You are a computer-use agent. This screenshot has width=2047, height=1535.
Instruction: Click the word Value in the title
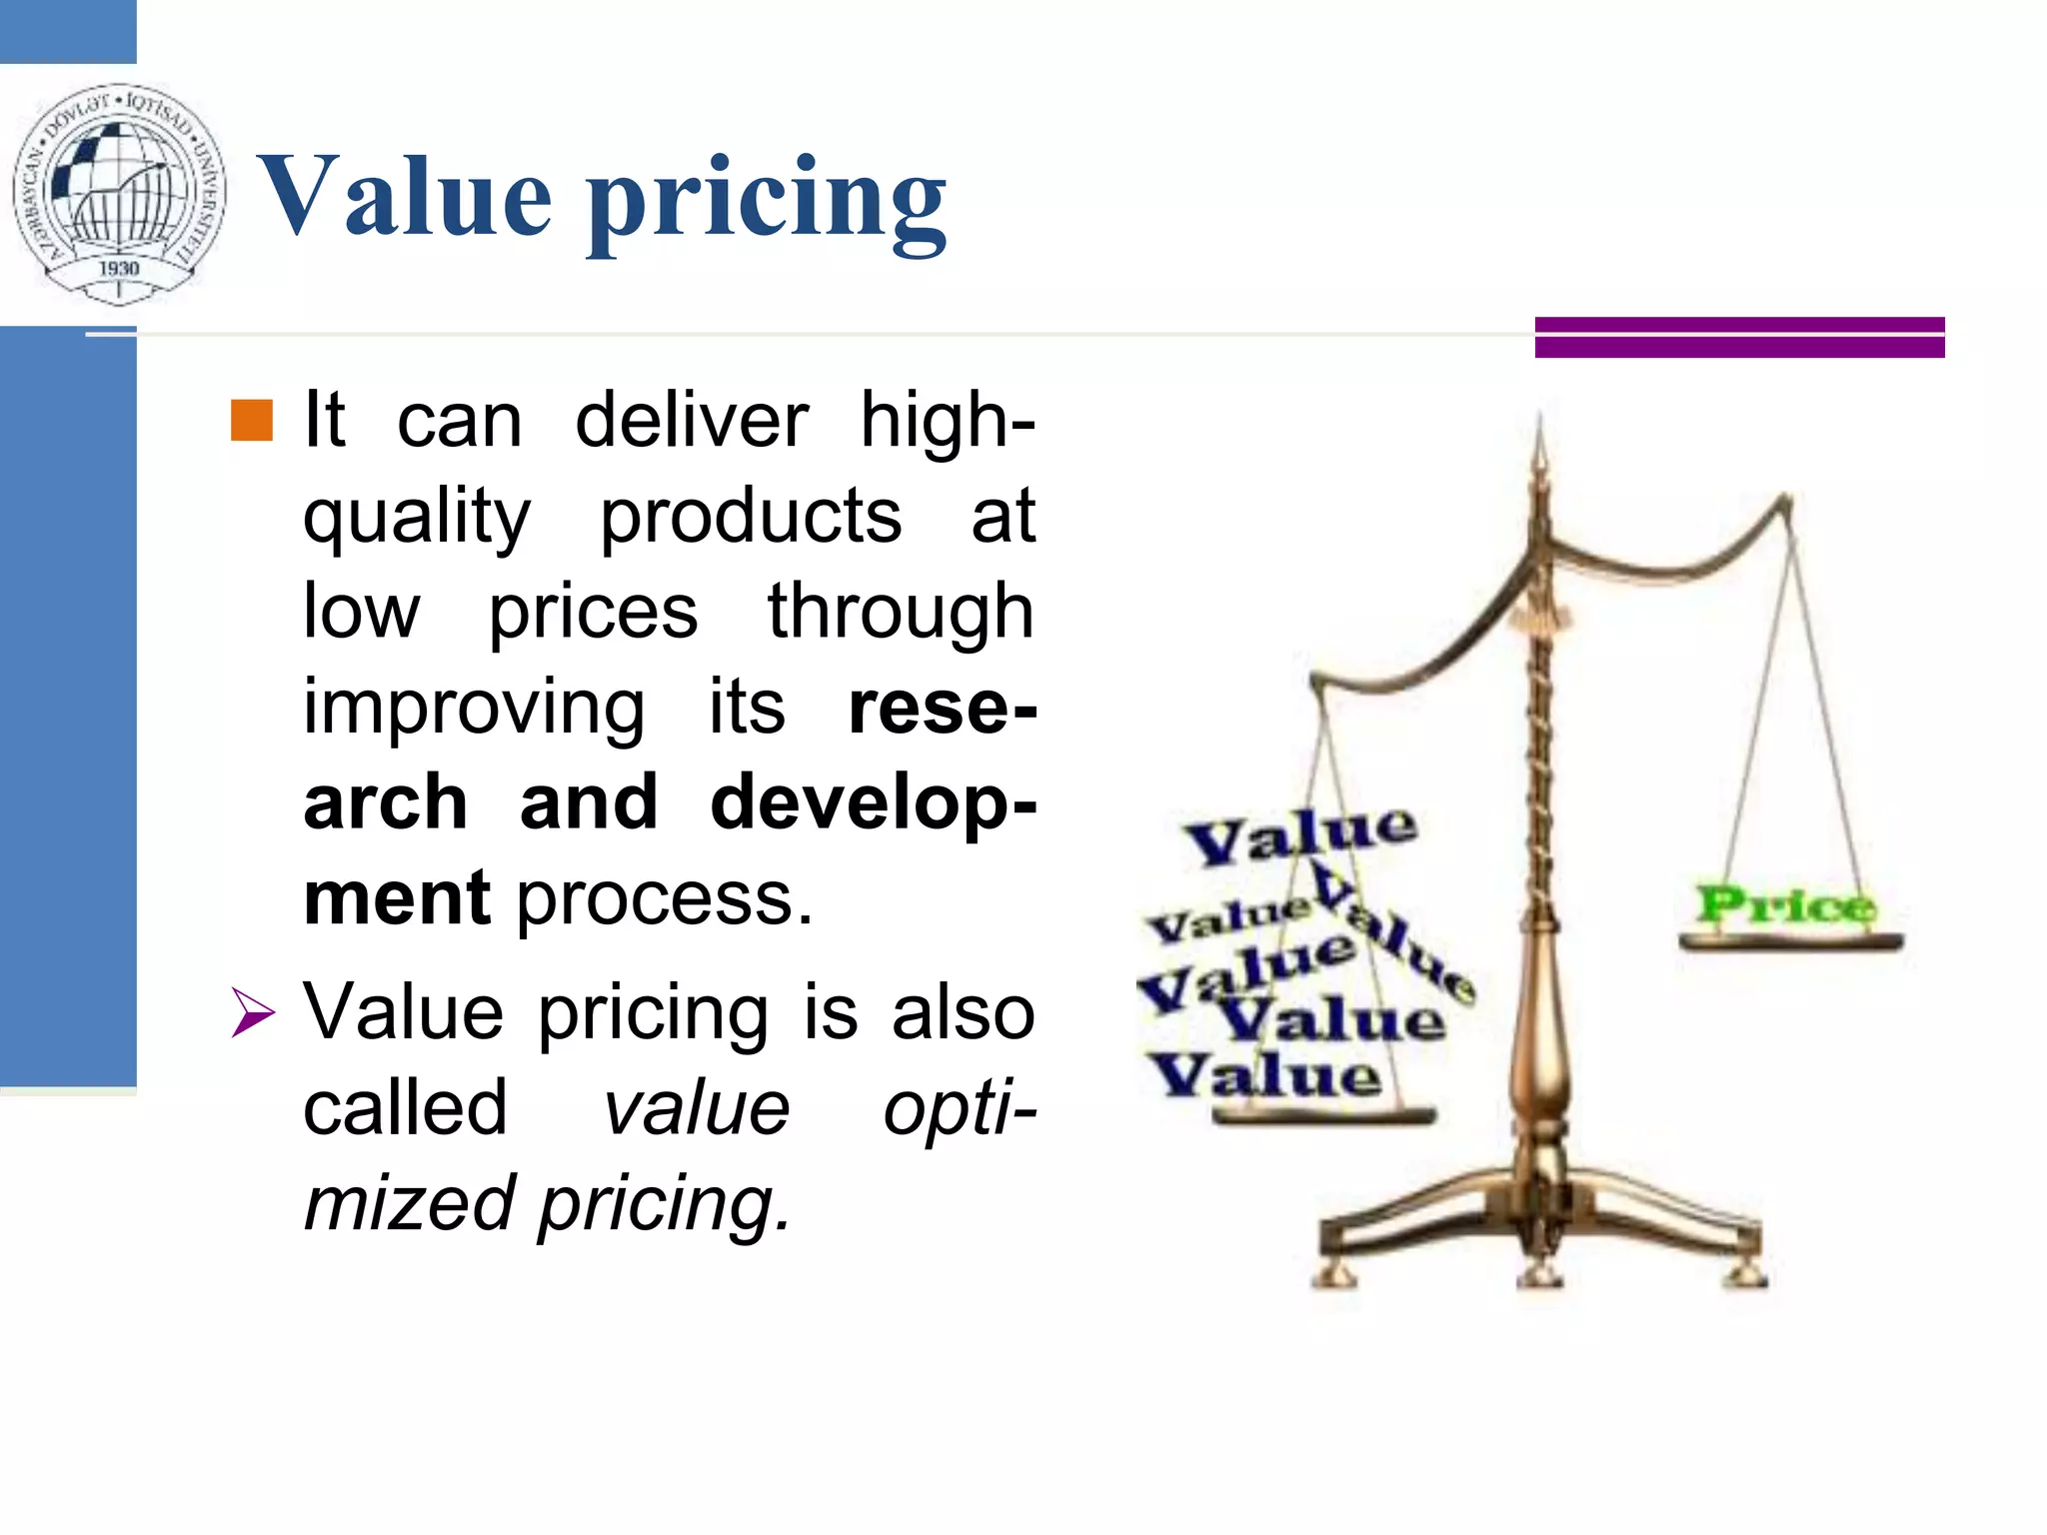click(x=404, y=197)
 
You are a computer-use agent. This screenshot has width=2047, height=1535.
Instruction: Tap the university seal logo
click(x=119, y=193)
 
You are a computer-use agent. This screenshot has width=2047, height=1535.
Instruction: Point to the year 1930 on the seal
click(x=119, y=268)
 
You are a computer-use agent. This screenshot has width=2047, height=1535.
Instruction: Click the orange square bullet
click(x=252, y=421)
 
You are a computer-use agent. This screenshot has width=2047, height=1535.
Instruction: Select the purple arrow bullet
click(x=252, y=1012)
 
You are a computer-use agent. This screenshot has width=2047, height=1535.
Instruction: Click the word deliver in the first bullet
click(x=691, y=421)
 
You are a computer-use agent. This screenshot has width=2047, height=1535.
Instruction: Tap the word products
click(x=750, y=517)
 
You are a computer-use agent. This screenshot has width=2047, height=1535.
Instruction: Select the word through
click(x=900, y=613)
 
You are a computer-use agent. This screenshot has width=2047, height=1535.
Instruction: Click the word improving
click(x=474, y=708)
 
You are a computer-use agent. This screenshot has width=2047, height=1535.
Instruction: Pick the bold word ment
click(x=396, y=898)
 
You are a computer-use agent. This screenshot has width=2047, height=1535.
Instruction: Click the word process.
click(x=664, y=898)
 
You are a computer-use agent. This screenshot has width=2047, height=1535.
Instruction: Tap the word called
click(x=405, y=1108)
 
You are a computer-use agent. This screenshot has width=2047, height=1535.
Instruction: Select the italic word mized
click(x=410, y=1203)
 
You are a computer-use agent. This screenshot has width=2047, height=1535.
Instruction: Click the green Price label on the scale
click(x=1785, y=905)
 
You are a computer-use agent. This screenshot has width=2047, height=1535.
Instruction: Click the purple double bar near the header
click(x=1739, y=337)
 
